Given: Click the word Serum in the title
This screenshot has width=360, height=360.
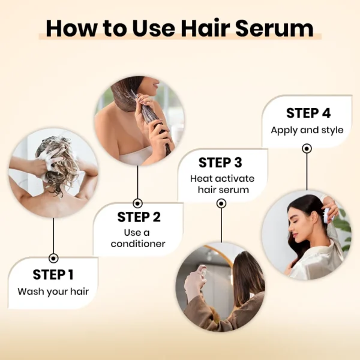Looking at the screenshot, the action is tap(275, 28).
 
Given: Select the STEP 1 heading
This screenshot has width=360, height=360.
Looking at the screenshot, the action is tap(53, 275).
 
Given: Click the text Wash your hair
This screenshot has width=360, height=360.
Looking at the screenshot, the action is tap(53, 292).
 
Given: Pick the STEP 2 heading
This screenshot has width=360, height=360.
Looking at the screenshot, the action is tap(139, 217).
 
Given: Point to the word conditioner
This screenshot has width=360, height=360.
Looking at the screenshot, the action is tap(138, 244).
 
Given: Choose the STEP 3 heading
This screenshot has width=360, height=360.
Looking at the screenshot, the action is tap(220, 163).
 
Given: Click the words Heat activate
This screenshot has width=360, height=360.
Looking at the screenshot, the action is tap(222, 179).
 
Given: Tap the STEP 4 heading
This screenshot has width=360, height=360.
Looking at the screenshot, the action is tap(308, 113).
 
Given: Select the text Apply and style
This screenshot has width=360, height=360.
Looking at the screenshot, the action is tap(307, 130).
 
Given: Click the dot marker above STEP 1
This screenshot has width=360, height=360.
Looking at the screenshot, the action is tap(53, 258).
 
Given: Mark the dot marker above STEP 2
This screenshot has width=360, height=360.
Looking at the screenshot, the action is tap(138, 203).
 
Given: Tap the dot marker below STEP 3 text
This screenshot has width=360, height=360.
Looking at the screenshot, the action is tap(221, 203).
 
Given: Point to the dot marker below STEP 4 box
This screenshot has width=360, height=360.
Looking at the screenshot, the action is tap(307, 149).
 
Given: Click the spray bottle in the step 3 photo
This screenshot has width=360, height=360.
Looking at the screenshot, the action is tap(203, 271).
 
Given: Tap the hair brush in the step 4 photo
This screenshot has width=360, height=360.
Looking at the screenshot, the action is tap(329, 214).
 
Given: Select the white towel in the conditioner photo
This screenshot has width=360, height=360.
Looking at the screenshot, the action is tap(136, 155).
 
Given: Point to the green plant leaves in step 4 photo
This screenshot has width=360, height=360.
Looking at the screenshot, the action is tap(343, 230).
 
